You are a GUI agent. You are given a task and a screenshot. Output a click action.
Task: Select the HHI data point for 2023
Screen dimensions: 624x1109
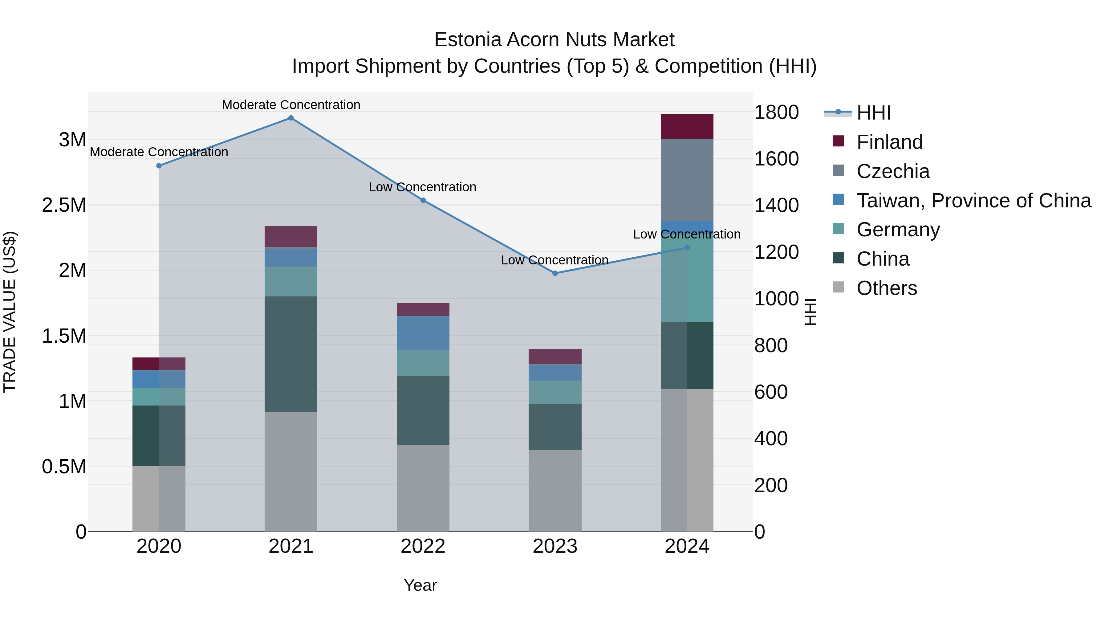point(554,273)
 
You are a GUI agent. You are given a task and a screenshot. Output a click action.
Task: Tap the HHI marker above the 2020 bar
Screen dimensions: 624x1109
point(159,166)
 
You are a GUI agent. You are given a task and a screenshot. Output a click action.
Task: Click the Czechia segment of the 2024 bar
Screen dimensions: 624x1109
point(687,180)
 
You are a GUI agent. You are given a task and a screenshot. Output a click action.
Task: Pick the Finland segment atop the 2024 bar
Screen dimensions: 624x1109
point(687,127)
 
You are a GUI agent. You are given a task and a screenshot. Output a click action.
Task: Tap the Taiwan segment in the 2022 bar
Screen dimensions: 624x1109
point(423,333)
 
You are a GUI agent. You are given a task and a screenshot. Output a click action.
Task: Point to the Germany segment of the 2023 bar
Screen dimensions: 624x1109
point(554,392)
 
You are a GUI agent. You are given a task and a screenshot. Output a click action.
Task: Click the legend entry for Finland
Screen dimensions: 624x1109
point(889,142)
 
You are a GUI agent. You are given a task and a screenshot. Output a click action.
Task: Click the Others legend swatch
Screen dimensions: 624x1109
point(838,287)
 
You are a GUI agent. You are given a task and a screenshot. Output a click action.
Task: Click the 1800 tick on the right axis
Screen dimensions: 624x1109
point(776,112)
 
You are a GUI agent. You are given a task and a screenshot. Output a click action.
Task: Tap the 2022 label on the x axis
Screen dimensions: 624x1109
point(423,546)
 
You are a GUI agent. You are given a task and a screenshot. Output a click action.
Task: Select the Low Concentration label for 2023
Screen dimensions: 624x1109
point(554,260)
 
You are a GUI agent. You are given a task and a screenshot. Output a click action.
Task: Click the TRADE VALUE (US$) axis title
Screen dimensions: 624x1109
point(10,312)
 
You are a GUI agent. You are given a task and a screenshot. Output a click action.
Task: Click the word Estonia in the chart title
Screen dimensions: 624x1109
point(468,40)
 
